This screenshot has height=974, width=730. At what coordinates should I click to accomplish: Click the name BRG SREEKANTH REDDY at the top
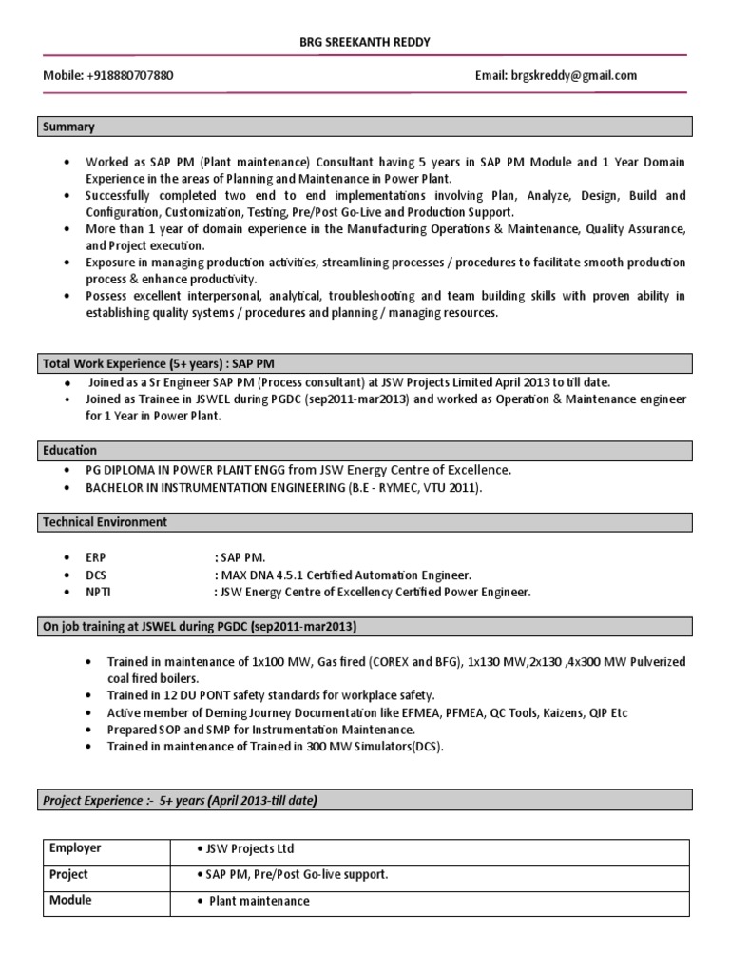[x=365, y=43]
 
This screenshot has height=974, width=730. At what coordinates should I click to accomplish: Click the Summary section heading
[x=67, y=127]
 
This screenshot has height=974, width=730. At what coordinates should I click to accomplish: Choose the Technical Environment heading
[x=106, y=522]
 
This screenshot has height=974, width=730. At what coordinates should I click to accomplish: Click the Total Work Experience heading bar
[x=159, y=362]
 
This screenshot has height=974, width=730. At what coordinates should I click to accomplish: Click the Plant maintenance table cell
[x=259, y=901]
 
